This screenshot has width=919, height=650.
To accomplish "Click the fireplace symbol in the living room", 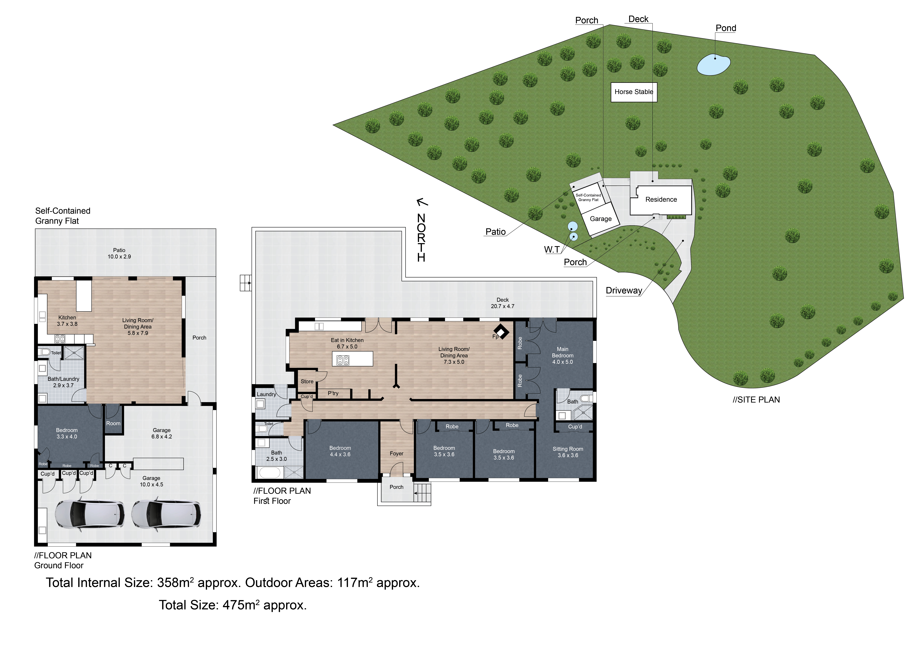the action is click(501, 331).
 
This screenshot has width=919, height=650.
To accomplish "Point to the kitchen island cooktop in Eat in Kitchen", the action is click(343, 360).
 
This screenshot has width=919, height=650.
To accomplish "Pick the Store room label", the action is click(307, 381).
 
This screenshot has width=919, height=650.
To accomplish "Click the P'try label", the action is click(333, 393).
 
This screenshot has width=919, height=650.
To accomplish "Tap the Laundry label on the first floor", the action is click(266, 394).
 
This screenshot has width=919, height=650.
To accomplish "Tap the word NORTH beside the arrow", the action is click(421, 238).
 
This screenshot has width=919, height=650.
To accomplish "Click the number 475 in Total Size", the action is click(234, 605).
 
